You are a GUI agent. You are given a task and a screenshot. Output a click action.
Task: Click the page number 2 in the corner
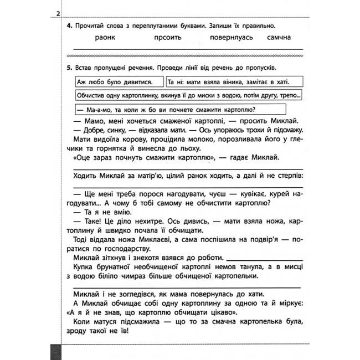pyautogui.click(x=59, y=13)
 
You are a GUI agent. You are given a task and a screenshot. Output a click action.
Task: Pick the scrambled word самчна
pyautogui.click(x=277, y=37)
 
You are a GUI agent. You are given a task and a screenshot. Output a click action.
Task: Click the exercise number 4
pyautogui.click(x=68, y=25)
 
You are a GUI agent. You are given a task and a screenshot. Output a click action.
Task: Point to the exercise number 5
pyautogui.click(x=68, y=68)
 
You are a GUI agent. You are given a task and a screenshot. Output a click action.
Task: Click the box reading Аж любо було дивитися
pyautogui.click(x=116, y=82)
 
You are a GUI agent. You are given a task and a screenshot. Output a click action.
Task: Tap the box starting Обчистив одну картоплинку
pyautogui.click(x=188, y=95)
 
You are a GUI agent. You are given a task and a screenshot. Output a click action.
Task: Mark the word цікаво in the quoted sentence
pyautogui.click(x=208, y=312)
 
